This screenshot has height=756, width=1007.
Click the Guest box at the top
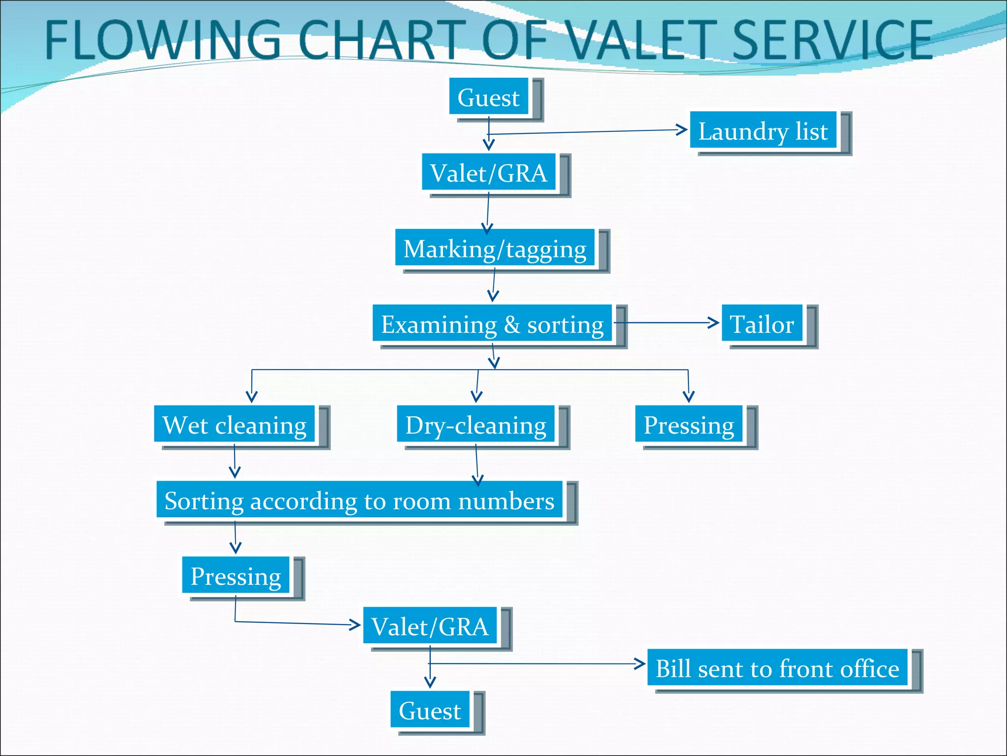488,97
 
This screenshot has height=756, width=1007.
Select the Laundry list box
763,131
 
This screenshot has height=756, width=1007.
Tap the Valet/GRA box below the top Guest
488,173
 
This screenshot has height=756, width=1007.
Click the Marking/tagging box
495,249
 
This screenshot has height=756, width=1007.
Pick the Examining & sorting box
492,324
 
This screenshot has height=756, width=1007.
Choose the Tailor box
762,324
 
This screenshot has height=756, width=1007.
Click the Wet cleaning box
235,425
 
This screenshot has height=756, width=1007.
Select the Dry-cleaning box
475,425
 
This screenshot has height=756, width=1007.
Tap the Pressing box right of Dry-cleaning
688,425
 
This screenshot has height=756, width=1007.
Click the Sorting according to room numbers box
359,501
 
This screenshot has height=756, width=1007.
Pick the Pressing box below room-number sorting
236,576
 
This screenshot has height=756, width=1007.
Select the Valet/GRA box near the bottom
430,627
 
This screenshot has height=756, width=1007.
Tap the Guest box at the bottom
430,710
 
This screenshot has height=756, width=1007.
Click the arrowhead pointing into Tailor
714,323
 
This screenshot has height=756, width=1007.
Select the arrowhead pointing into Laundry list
682,130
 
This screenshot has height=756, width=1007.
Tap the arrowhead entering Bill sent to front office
640,663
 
